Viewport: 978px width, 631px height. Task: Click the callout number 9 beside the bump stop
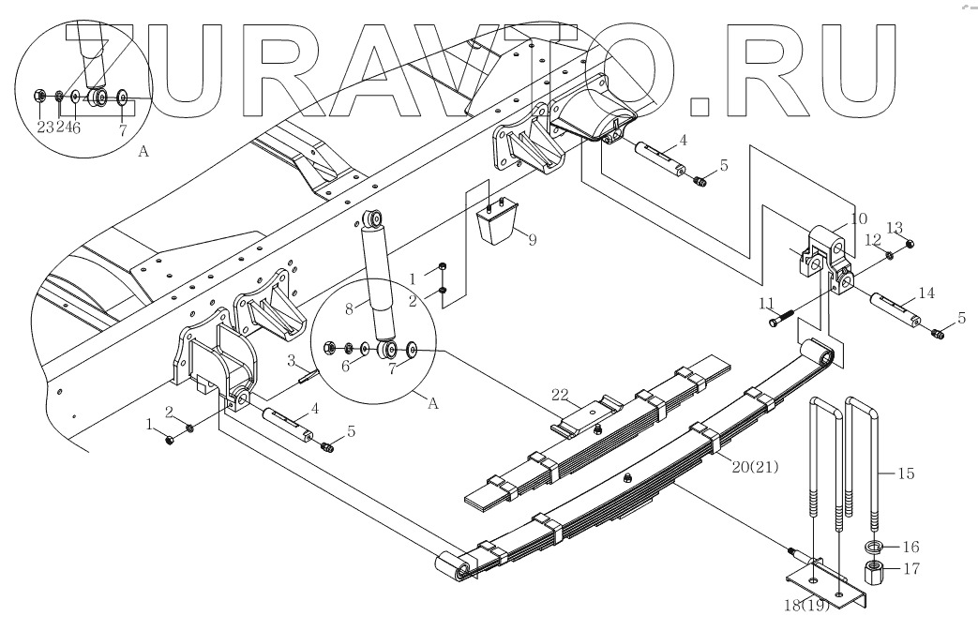pyautogui.click(x=532, y=240)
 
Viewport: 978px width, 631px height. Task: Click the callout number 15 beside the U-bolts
pyautogui.click(x=906, y=473)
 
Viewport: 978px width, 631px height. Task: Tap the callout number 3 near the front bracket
pyautogui.click(x=292, y=360)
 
